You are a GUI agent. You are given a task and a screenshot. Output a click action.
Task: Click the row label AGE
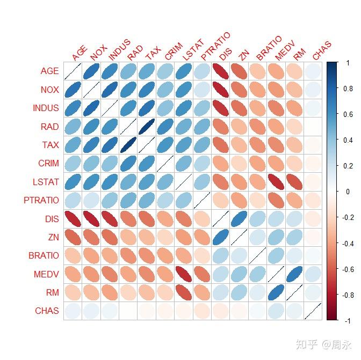click(49, 71)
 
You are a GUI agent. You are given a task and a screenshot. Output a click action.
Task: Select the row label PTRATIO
click(41, 200)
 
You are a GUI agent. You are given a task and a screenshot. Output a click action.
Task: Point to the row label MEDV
click(47, 274)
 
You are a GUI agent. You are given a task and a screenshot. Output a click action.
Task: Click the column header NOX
click(98, 53)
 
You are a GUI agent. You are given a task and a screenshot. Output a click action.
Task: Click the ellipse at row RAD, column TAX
click(146, 127)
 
